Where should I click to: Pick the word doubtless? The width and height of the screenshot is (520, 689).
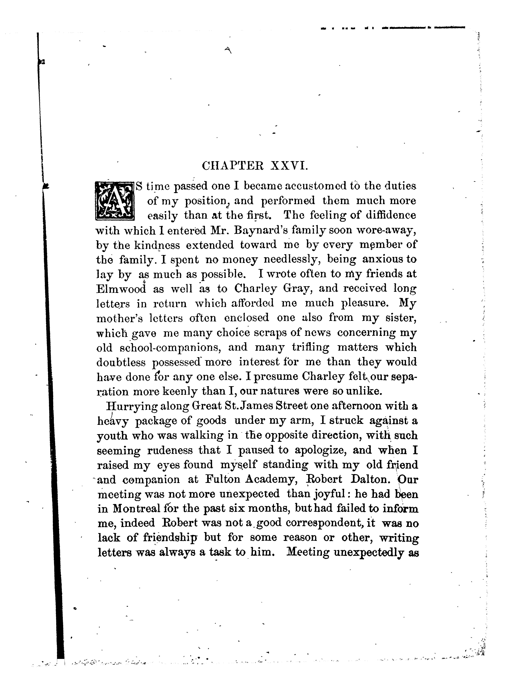click(121, 362)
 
